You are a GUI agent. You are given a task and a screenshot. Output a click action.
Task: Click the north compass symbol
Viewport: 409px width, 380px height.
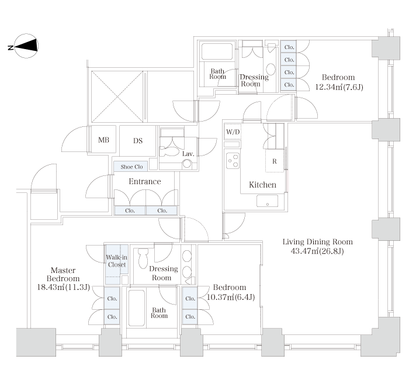26,46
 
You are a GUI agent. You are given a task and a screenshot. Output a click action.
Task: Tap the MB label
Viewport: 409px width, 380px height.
103,140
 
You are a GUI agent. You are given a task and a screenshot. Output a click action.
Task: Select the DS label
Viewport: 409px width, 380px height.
138,141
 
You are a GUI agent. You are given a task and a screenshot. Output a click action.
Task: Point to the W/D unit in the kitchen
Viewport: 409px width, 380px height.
233,132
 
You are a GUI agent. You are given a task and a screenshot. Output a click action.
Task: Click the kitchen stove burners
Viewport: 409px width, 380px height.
233,161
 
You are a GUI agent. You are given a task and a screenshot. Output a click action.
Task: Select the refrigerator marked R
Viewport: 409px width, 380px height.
275,161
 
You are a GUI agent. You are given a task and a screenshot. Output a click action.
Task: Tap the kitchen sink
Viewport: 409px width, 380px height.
268,201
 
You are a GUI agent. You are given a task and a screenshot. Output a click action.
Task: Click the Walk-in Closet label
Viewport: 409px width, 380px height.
117,261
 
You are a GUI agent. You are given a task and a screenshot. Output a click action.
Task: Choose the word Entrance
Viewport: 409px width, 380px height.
145,181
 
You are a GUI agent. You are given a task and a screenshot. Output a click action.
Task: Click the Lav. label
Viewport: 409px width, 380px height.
188,154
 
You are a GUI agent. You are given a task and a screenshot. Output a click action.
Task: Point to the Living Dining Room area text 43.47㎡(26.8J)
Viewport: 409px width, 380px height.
317,251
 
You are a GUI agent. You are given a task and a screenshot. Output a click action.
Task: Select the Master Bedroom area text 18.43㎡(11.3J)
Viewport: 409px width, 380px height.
63,288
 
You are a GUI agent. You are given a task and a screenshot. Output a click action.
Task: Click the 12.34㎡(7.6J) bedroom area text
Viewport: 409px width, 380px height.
339,87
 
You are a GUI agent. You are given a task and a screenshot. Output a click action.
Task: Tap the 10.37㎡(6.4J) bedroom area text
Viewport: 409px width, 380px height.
231,297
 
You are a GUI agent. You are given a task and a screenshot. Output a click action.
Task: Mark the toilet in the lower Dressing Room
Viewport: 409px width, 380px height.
143,258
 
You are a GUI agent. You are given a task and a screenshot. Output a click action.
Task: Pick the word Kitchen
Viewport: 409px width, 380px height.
262,185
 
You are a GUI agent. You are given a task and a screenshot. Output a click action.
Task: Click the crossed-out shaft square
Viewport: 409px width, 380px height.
117,96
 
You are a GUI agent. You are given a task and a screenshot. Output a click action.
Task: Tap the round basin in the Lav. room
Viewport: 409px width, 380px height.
187,164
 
